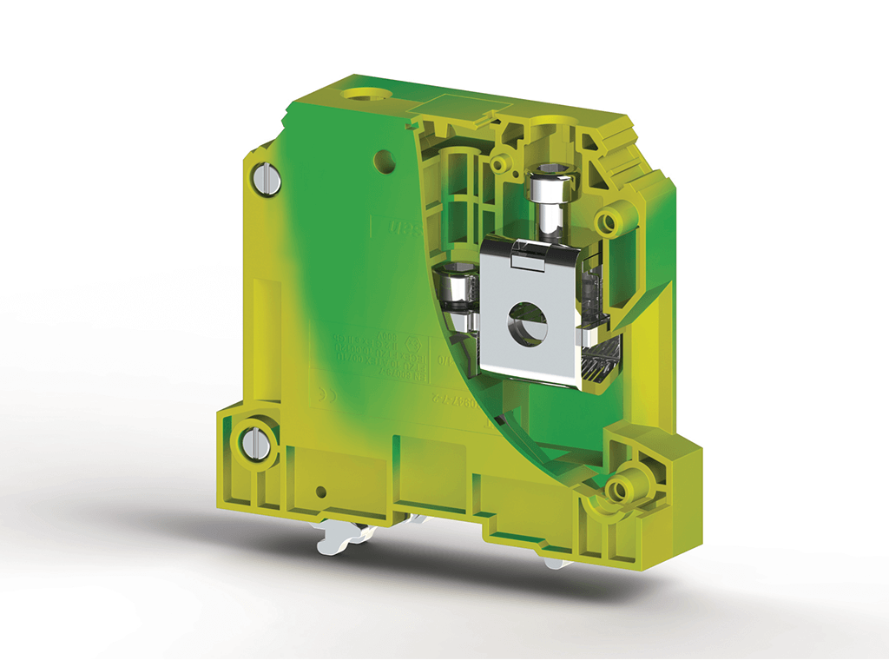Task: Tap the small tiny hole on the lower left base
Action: (320, 492)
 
